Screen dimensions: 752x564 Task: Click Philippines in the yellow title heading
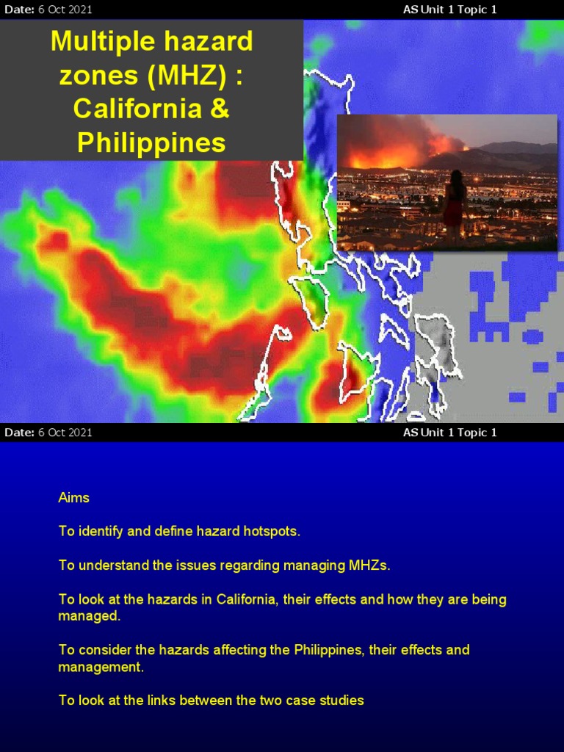(151, 143)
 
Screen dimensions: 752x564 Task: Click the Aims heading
(73, 498)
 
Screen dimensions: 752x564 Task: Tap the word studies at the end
(341, 701)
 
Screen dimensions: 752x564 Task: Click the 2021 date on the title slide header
(80, 10)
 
